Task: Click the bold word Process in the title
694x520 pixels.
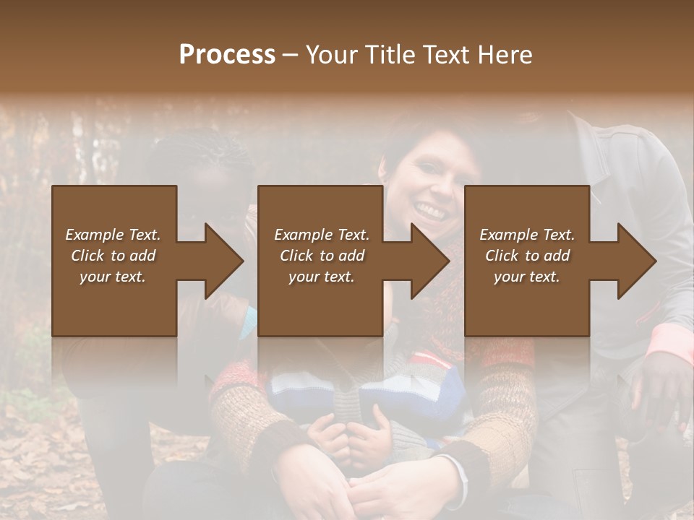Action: [x=227, y=55]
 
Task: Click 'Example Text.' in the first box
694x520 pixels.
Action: [x=113, y=235]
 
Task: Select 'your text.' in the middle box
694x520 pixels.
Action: [x=321, y=277]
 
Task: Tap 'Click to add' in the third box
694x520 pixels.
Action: [x=527, y=256]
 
